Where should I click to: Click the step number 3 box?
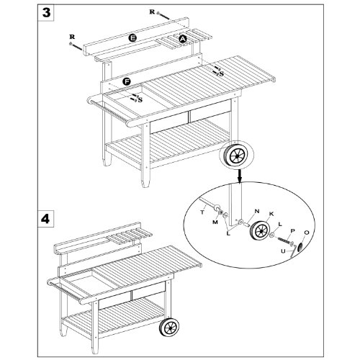pyautogui.click(x=46, y=12)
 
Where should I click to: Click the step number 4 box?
pyautogui.click(x=46, y=219)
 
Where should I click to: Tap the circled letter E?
pyautogui.click(x=132, y=38)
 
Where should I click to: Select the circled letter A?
pyautogui.click(x=183, y=39)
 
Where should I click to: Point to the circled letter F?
pyautogui.click(x=127, y=82)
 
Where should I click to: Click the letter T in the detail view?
pyautogui.click(x=202, y=212)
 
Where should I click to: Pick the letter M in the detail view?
pyautogui.click(x=215, y=222)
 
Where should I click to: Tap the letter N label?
pyautogui.click(x=257, y=211)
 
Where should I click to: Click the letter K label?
pyautogui.click(x=271, y=214)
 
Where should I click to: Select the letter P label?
pyautogui.click(x=292, y=231)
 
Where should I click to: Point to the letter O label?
pyautogui.click(x=307, y=233)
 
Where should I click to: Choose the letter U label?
pyautogui.click(x=284, y=251)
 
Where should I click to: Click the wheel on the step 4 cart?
pyautogui.click(x=169, y=328)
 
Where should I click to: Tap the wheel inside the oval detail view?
pyautogui.click(x=260, y=231)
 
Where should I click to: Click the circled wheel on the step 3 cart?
pyautogui.click(x=237, y=156)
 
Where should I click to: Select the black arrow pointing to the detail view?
pyautogui.click(x=240, y=175)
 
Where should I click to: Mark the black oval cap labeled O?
pyautogui.click(x=300, y=247)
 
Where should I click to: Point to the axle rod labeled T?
pyautogui.click(x=209, y=204)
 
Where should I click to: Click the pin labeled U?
pyautogui.click(x=293, y=253)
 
